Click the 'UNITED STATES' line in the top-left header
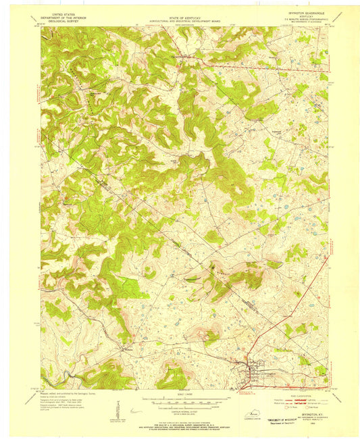click(59, 12)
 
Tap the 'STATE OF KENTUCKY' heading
click(181, 12)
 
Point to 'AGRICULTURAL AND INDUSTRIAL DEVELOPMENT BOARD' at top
click(181, 16)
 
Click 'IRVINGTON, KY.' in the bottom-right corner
click(306, 423)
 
